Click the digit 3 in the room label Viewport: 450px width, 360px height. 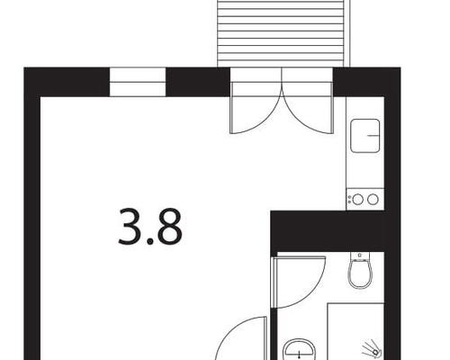(130, 227)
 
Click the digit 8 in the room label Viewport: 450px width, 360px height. (169, 227)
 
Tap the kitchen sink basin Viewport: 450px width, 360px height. (365, 136)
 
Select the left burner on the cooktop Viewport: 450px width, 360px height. (358, 199)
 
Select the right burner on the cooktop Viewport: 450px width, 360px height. (373, 199)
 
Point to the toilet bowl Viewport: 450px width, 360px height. (360, 274)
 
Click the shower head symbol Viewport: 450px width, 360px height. (372, 348)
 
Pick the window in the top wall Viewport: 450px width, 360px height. (138, 82)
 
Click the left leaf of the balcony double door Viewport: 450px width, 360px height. (256, 107)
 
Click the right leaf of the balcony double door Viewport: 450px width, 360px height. (308, 107)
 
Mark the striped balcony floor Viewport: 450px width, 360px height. (281, 33)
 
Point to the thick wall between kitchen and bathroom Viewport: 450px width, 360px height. (328, 231)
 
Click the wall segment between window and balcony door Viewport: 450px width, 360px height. (198, 82)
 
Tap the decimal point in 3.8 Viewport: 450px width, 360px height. (149, 241)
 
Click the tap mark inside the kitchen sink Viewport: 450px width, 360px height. (373, 136)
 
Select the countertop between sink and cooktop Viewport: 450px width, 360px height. (365, 170)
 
